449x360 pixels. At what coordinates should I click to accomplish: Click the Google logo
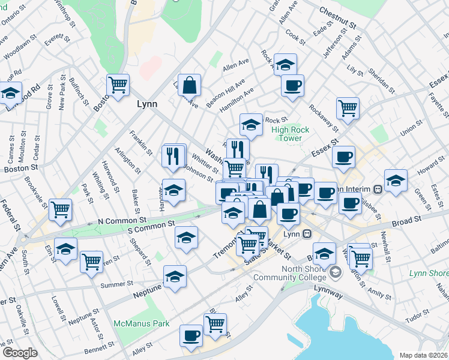click(20, 353)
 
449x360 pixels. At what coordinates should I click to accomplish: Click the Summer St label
click(116, 284)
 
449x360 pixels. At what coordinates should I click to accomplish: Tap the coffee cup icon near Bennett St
click(191, 335)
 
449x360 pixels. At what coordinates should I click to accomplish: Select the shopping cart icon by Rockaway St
click(348, 108)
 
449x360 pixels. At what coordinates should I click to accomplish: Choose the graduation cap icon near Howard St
click(396, 180)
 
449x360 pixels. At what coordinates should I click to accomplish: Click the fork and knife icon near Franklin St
click(173, 156)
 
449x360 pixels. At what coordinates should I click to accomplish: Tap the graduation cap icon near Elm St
click(66, 248)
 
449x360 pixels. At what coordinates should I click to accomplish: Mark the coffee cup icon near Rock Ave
click(292, 85)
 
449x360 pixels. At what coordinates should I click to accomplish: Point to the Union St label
click(412, 129)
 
